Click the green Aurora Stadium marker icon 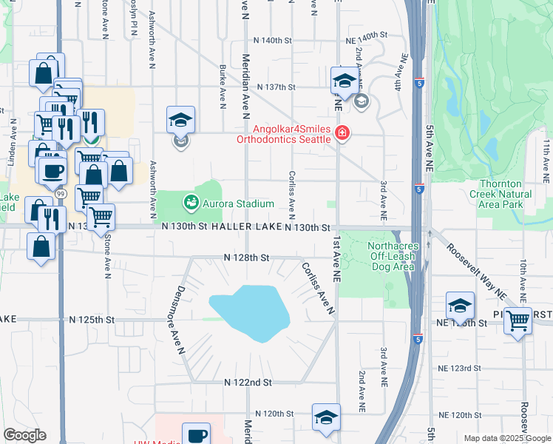(191, 201)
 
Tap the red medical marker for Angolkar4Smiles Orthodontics (342, 133)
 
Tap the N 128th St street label (246, 258)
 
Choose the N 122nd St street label (248, 383)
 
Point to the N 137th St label (276, 87)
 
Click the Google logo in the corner (24, 435)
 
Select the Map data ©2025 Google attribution (507, 438)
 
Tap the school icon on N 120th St (326, 417)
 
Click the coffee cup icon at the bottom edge (196, 435)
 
